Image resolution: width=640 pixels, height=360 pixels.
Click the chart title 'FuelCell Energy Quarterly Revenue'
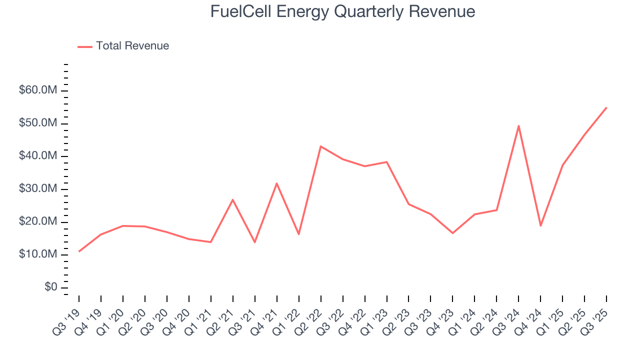click(342, 11)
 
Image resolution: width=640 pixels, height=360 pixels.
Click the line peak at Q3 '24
click(518, 125)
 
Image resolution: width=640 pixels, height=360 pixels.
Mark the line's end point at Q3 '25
click(606, 107)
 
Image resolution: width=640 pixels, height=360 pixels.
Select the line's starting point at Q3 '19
click(79, 251)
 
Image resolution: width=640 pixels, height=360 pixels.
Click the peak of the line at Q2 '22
click(320, 146)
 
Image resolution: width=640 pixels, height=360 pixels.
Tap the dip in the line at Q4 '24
click(540, 226)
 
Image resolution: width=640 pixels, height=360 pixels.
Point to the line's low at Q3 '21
click(255, 242)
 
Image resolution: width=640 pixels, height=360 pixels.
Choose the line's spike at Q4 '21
click(276, 183)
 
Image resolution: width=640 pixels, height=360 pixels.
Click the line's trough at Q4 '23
click(452, 233)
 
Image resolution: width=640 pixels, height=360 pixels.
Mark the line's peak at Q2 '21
click(233, 199)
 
